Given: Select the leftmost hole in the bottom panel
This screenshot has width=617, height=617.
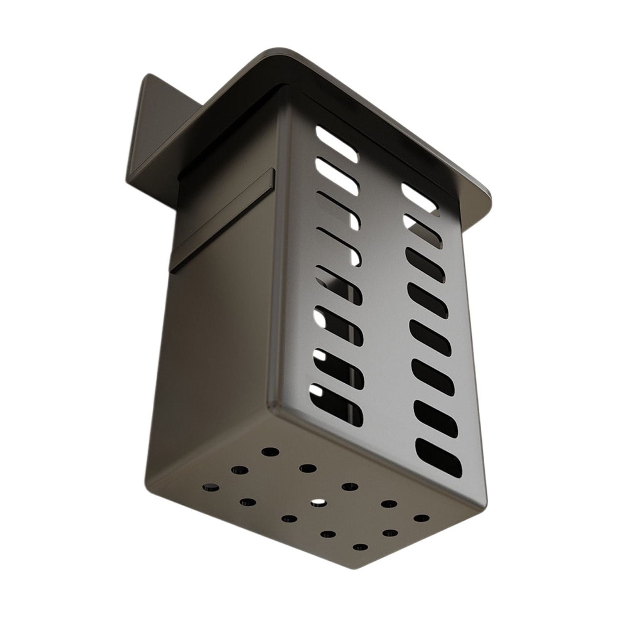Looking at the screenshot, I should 210,487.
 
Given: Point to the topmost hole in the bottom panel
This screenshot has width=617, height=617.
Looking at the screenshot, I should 270,452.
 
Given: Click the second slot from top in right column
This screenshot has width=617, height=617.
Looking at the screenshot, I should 423,228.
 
